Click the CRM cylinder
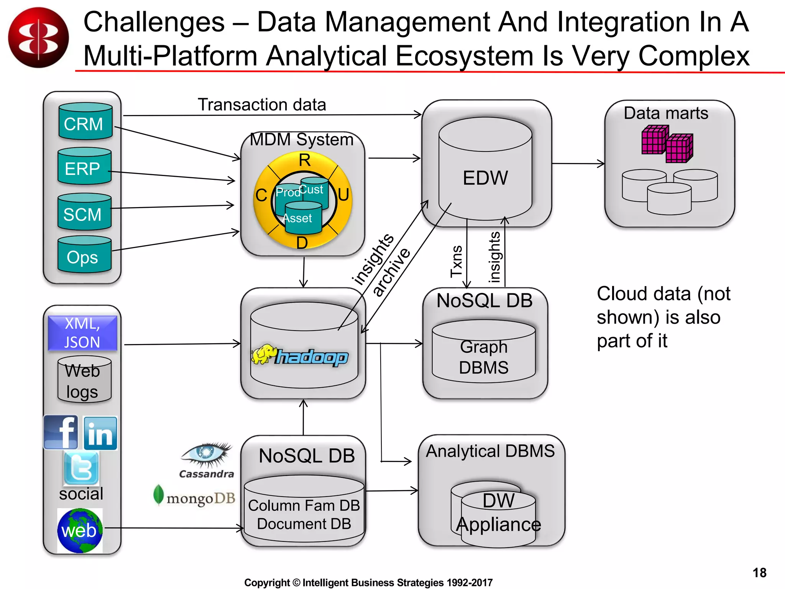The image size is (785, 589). (85, 122)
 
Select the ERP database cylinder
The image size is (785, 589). (84, 166)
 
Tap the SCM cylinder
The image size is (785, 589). (84, 212)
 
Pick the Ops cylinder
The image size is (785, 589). (84, 255)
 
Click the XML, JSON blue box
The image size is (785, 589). (82, 333)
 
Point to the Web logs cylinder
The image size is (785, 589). (84, 380)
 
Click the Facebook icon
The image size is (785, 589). (61, 432)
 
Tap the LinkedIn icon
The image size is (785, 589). (100, 433)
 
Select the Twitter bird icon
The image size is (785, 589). (81, 468)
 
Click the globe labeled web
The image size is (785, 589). (80, 531)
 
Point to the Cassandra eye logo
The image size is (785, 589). (207, 454)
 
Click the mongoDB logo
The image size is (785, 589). (194, 496)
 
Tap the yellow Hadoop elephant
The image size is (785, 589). (264, 354)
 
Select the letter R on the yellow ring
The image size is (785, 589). (304, 160)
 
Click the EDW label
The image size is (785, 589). (485, 178)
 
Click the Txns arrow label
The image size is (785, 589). (457, 262)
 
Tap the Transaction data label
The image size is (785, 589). (262, 105)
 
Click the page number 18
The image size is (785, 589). (759, 573)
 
